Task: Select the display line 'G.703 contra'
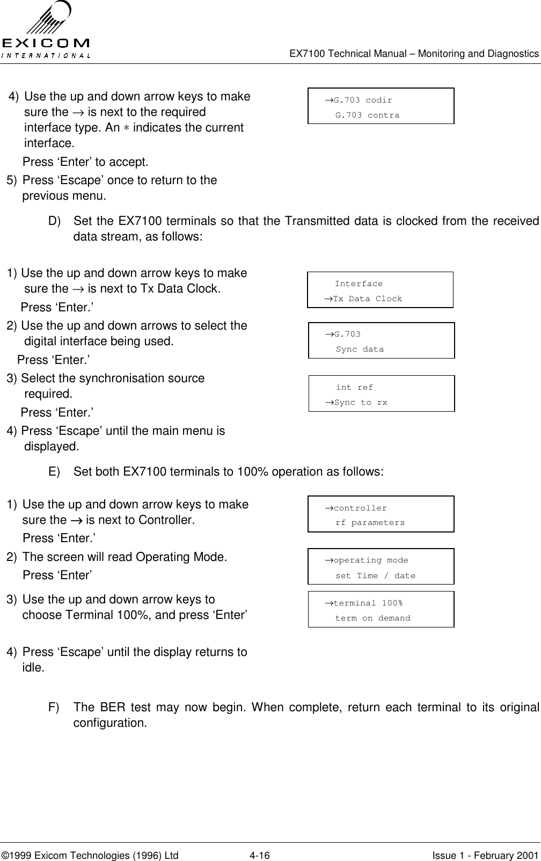coord(367,115)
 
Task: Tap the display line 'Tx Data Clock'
coord(367,298)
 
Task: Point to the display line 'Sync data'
coord(360,349)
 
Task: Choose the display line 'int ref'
coord(354,387)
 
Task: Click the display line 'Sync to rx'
coord(360,402)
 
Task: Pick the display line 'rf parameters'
coord(370,522)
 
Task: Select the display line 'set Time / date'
coord(375,575)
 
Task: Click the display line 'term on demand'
coord(372,618)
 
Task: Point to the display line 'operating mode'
coord(370,560)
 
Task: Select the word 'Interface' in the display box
coord(359,283)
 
